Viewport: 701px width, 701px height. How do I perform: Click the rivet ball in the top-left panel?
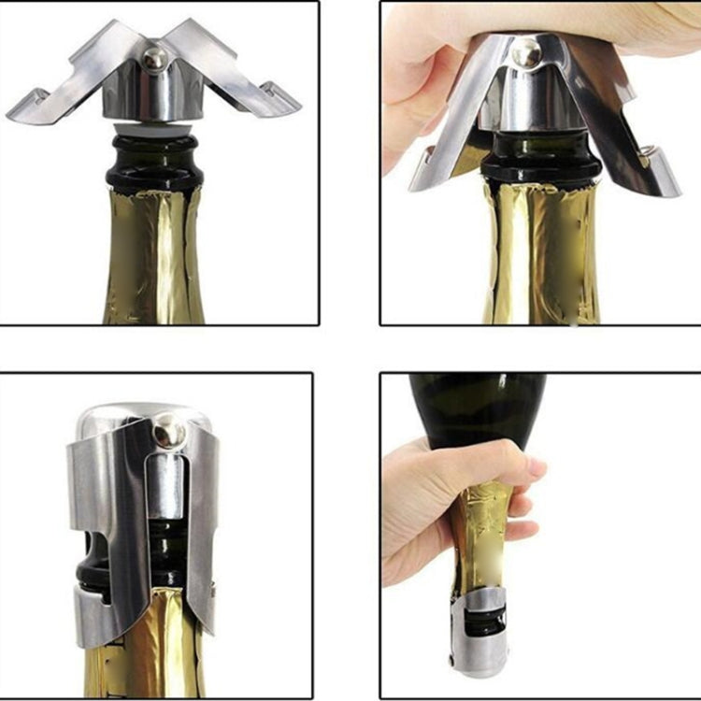click(154, 59)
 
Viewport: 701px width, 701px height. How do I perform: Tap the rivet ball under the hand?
click(529, 52)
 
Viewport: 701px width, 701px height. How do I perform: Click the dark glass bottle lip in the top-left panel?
click(154, 164)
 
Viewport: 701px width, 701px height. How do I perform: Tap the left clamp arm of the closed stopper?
click(98, 533)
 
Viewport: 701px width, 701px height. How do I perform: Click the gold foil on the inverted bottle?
click(486, 542)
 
